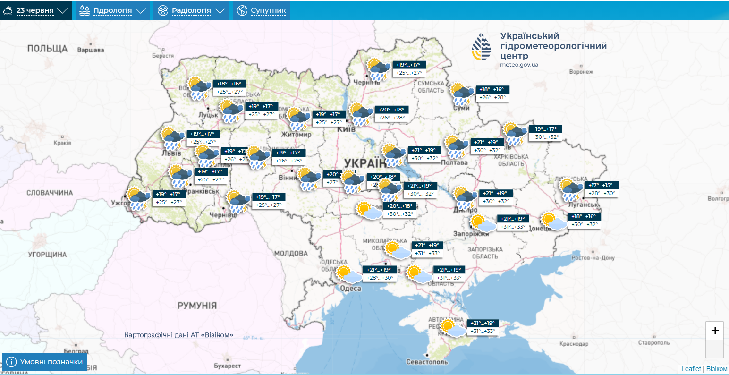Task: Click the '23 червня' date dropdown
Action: pos(35,10)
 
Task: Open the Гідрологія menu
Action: pos(112,10)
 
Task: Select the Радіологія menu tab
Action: pos(191,10)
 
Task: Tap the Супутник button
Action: pos(261,10)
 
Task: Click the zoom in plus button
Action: pos(714,331)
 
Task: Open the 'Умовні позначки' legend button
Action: pos(45,362)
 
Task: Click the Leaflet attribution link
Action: pos(691,369)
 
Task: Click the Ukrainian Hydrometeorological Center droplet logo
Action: pos(482,48)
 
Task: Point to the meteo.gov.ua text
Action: pos(519,65)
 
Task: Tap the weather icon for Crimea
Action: pos(452,328)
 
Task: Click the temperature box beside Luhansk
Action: pos(602,189)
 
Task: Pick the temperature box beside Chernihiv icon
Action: pos(410,69)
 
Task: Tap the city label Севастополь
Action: pos(427,362)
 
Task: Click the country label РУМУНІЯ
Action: pos(197,306)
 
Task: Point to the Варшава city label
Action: pos(90,50)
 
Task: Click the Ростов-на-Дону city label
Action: pos(593,258)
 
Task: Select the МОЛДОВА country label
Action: pos(291,254)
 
